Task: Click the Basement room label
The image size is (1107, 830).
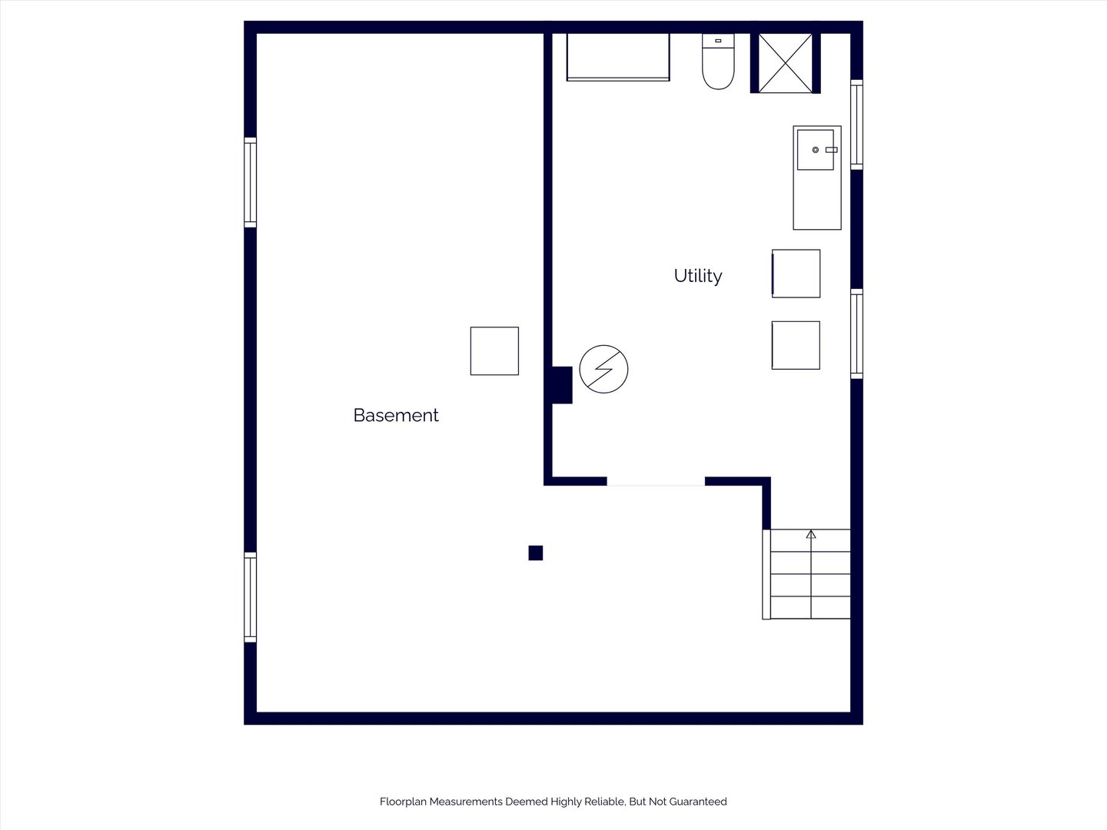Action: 396,415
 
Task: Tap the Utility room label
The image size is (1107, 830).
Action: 698,276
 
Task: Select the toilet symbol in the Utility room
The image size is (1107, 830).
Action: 718,61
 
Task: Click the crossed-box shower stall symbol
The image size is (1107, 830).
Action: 785,63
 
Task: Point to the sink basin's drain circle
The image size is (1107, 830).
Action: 816,150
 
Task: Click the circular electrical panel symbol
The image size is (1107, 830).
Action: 603,369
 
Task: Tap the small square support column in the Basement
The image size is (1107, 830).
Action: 536,553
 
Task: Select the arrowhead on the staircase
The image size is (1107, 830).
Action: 811,534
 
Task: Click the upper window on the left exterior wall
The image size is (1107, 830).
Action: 250,182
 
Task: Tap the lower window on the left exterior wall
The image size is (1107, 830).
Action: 250,597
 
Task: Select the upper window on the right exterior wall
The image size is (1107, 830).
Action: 857,124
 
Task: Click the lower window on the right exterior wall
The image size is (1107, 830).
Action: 857,334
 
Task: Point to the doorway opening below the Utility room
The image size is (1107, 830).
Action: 656,485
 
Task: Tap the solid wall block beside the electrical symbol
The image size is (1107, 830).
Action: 562,385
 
